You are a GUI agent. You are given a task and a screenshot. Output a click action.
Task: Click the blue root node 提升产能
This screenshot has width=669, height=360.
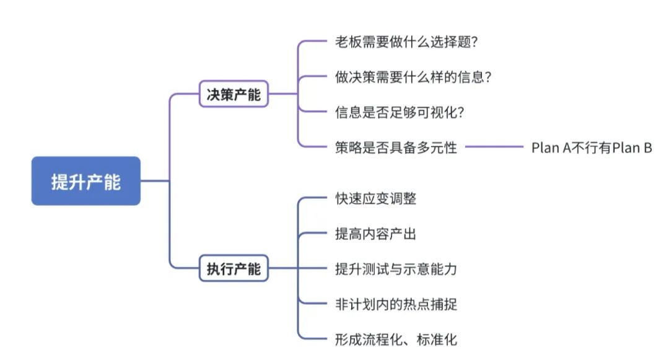[86, 181]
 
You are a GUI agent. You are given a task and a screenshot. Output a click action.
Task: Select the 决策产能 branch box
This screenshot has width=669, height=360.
[234, 95]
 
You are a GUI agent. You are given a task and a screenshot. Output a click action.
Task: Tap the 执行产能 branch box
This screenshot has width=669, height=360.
[234, 269]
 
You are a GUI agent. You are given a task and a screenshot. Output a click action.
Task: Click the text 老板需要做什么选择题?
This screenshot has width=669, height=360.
[405, 42]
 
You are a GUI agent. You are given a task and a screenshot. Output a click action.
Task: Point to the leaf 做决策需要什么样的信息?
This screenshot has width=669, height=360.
[413, 77]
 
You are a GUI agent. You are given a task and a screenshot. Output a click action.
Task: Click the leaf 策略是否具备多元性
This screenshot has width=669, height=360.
[396, 147]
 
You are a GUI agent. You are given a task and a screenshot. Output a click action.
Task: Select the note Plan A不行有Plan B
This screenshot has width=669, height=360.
[592, 147]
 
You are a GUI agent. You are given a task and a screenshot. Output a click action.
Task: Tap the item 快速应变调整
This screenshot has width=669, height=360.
[375, 200]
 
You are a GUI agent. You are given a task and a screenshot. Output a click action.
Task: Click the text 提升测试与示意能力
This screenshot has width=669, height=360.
[396, 269]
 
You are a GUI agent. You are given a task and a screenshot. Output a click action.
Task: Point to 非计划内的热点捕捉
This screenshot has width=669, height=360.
[396, 304]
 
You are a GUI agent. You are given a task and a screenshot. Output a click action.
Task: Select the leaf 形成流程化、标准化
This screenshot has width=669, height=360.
[396, 339]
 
